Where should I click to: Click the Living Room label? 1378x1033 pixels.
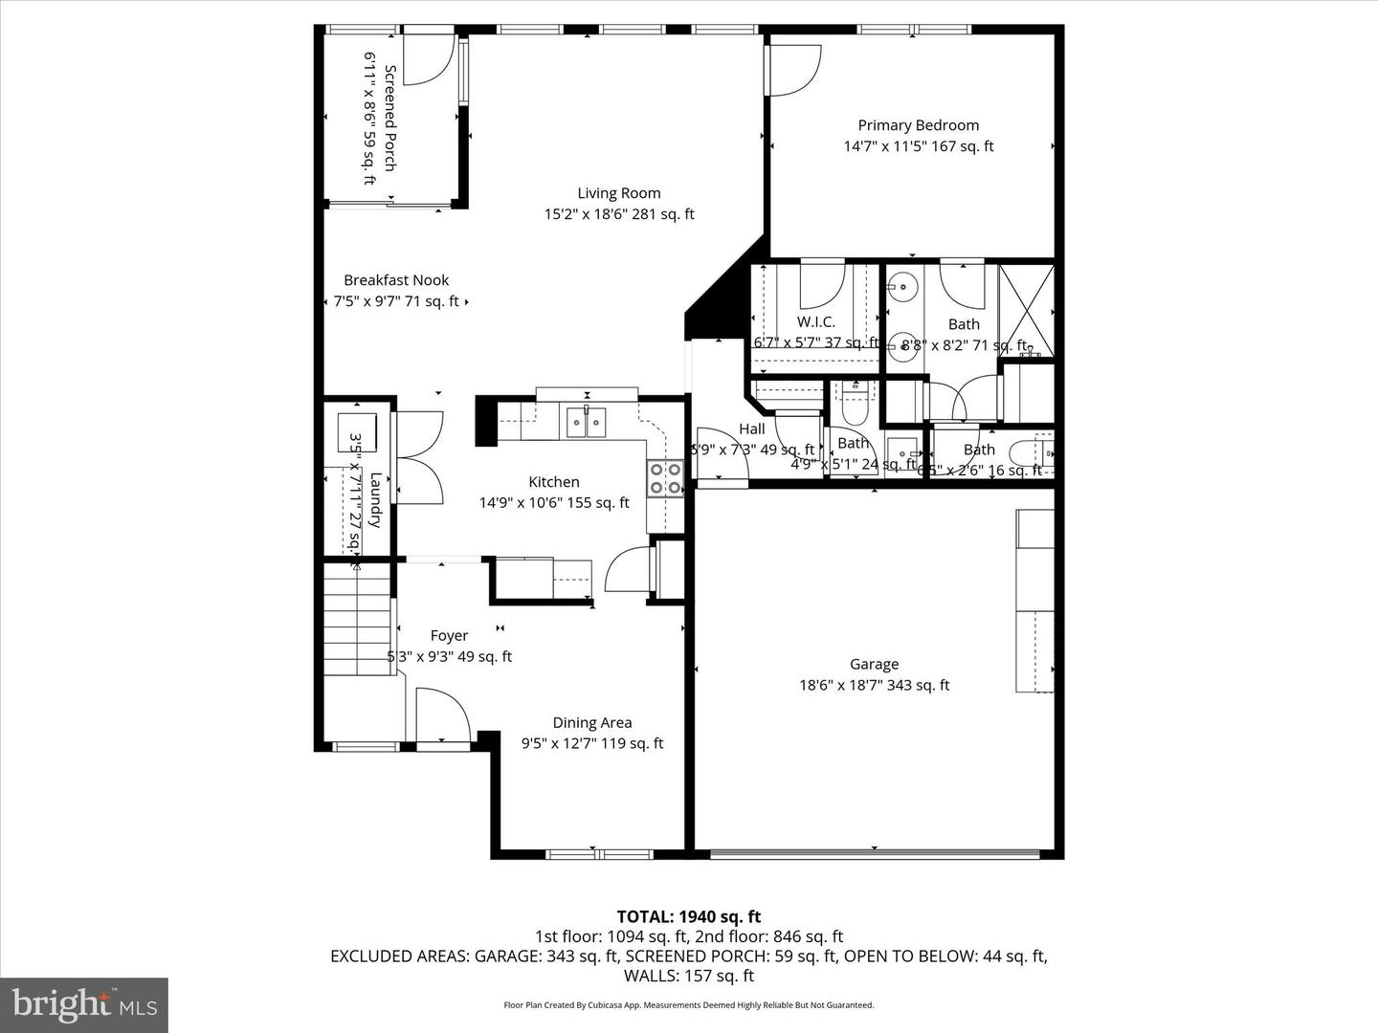[618, 193]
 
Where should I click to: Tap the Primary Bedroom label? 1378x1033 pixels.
[918, 125]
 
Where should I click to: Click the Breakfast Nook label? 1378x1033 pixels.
[396, 280]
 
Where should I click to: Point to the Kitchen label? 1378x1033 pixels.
[554, 482]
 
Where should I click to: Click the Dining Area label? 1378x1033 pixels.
[591, 723]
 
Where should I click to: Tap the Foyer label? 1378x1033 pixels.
[449, 636]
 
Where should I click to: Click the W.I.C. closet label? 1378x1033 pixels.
[815, 322]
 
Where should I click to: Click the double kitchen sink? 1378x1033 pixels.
[586, 421]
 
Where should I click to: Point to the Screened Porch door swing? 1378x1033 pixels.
[428, 59]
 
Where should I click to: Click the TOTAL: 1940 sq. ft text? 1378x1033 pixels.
[688, 916]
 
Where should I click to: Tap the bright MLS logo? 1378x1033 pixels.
[84, 1004]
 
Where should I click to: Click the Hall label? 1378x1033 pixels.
[752, 429]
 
